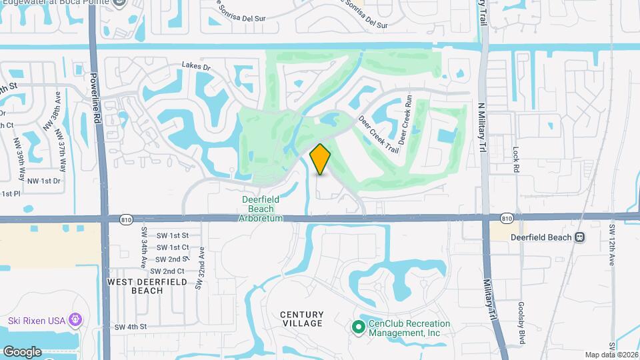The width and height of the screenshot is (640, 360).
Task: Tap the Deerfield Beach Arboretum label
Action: click(x=261, y=209)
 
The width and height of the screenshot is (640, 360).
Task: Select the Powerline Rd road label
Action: click(x=96, y=97)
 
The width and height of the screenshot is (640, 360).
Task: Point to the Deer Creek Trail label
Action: click(x=379, y=134)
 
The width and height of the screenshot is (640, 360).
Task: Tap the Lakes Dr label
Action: click(x=196, y=67)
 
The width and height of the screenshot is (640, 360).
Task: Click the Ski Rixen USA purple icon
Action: click(x=76, y=321)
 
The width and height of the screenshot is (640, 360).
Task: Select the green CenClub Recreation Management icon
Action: click(x=358, y=326)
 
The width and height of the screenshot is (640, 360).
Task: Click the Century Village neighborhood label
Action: click(x=301, y=319)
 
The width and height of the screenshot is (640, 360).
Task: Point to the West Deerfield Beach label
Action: click(x=134, y=286)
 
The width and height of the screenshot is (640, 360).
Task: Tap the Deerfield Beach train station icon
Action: click(x=580, y=237)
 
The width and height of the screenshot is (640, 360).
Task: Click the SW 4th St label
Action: click(x=129, y=327)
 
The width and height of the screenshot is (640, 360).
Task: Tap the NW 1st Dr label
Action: click(x=44, y=181)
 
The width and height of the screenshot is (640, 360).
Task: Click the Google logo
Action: click(x=21, y=351)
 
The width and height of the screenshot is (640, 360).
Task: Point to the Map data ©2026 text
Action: click(x=611, y=355)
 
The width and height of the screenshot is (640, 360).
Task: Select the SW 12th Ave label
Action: click(x=611, y=243)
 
